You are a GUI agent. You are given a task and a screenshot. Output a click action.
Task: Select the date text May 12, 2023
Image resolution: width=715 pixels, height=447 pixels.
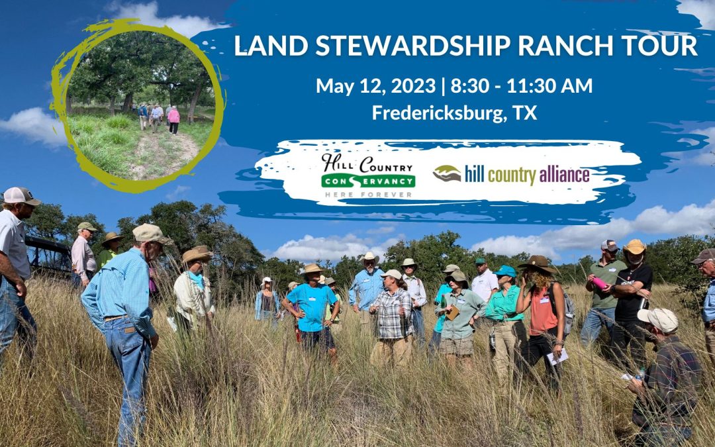point(376,85)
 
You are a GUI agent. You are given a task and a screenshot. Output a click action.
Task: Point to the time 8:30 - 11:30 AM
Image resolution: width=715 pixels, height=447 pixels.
point(521,85)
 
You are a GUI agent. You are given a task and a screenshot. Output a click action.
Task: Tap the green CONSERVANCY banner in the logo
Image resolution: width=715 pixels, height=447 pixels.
point(369,181)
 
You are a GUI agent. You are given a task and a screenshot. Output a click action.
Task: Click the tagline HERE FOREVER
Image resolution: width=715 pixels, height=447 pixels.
point(369,195)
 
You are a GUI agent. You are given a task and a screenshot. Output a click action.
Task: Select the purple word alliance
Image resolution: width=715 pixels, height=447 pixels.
point(564,174)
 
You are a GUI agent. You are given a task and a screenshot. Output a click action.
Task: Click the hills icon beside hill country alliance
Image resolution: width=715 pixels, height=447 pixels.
point(447,174)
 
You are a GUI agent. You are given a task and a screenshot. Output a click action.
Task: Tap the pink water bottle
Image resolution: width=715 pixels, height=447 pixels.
point(599,283)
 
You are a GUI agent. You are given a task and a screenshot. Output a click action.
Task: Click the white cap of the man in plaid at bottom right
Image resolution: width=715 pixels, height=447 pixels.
point(659,319)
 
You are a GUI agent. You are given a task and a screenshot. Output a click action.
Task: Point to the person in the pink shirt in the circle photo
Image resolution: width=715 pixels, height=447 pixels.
point(173,119)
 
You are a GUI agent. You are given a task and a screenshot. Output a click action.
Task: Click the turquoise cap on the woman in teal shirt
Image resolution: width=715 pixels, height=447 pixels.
point(505,271)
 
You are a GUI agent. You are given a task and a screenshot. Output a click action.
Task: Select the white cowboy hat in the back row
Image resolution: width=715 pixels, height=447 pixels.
point(369,258)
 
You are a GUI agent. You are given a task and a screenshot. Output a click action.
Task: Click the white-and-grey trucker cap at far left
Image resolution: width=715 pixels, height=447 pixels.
point(21,195)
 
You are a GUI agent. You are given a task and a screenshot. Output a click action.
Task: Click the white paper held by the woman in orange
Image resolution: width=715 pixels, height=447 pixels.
point(557,357)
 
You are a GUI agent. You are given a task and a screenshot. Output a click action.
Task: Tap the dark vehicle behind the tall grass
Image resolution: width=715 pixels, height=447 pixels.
point(48,258)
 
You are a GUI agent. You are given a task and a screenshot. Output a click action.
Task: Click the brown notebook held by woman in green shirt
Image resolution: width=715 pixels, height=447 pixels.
point(453,313)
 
